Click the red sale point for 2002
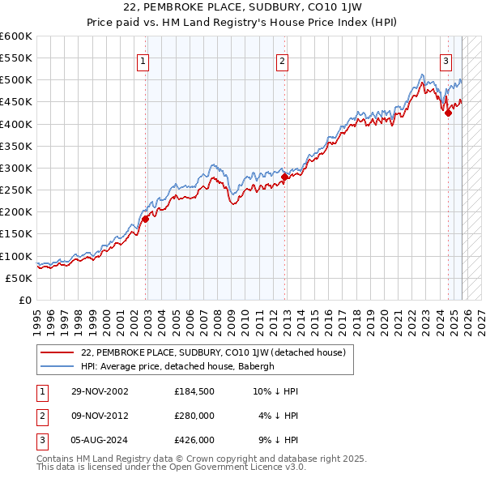[146, 218]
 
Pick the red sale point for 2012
[285, 177]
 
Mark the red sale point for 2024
[448, 113]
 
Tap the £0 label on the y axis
[24, 300]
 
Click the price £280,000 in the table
[194, 416]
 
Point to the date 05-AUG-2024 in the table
[96, 441]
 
